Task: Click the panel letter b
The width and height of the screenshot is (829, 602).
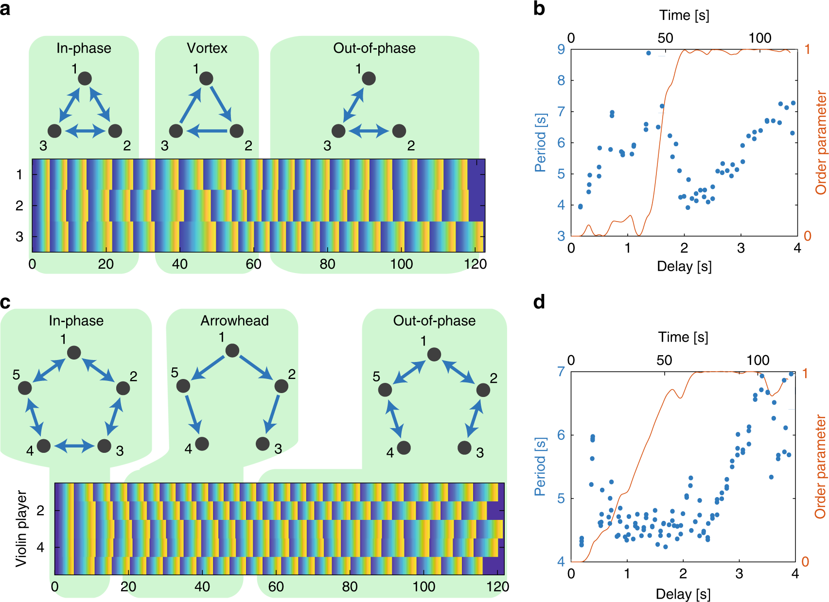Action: (x=539, y=9)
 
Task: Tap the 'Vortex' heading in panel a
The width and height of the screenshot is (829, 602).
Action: (x=207, y=48)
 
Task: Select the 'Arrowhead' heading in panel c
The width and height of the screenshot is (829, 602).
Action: (x=234, y=321)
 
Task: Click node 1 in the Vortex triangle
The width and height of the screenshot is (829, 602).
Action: (x=206, y=78)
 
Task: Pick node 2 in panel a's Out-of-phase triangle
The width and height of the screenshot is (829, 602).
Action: (x=399, y=131)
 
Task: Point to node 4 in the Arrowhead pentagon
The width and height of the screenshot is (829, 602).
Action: (x=202, y=443)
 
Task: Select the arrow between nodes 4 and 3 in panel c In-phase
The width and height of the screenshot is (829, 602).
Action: (x=74, y=446)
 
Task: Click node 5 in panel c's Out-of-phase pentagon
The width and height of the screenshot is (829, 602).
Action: (x=385, y=390)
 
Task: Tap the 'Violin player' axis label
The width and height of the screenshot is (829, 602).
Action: (x=21, y=529)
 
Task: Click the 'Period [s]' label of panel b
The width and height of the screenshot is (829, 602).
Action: (x=540, y=143)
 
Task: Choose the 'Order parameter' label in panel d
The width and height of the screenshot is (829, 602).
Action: (x=820, y=466)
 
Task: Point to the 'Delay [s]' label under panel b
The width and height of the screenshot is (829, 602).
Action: (x=684, y=266)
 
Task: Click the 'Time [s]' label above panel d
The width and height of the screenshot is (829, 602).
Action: (x=683, y=337)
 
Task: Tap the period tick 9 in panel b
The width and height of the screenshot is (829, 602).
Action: (x=561, y=49)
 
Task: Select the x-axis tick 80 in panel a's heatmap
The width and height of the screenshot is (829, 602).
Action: (x=327, y=264)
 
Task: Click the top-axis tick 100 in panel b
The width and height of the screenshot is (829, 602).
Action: (x=759, y=38)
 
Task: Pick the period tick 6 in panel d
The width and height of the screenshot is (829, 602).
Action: (x=561, y=435)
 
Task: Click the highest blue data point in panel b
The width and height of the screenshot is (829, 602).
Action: (x=649, y=53)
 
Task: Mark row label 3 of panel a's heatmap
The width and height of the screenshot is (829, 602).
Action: (x=19, y=237)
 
